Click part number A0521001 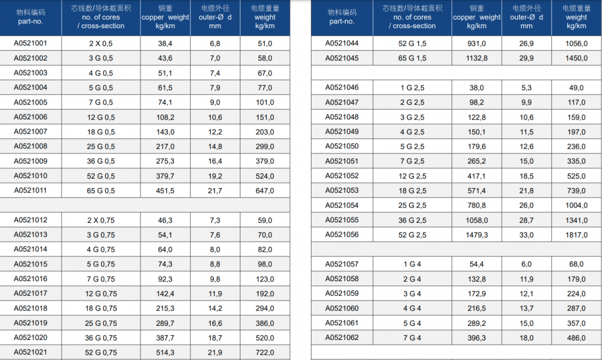(x=31, y=44)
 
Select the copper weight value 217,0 (x=165, y=146)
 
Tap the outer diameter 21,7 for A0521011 (x=215, y=191)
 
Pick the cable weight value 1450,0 (x=576, y=58)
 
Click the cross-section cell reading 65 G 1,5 (x=412, y=58)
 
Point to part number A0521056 (x=342, y=235)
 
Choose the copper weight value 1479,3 (x=476, y=235)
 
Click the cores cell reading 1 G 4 (x=412, y=264)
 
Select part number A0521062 (x=342, y=338)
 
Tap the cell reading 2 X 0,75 (x=101, y=220)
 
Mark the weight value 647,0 (x=265, y=191)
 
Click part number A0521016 (x=31, y=279)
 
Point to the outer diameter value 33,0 (x=526, y=235)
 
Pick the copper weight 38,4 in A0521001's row (x=165, y=44)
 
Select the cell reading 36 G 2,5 (x=412, y=220)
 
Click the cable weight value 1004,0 (x=576, y=205)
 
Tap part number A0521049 (x=342, y=132)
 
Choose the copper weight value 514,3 (x=165, y=352)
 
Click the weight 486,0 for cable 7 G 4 (x=576, y=338)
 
